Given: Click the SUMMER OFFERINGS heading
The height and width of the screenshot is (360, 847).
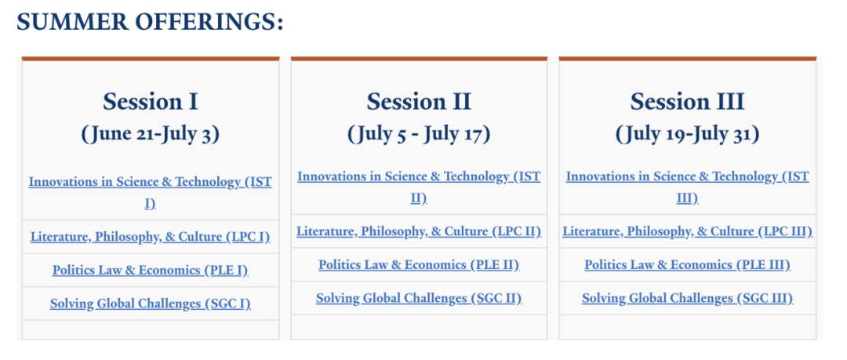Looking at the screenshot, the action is click(150, 22).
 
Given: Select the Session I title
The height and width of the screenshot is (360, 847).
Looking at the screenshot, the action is click(150, 102).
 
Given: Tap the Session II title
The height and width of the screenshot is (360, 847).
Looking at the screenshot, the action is click(419, 102).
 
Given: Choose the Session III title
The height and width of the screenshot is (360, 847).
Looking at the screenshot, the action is click(687, 102).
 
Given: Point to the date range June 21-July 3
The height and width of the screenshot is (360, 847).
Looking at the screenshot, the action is click(150, 134).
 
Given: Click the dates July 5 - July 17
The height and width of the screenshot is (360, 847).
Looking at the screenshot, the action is click(419, 134).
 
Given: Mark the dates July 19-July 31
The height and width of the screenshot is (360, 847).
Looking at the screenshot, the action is click(687, 134).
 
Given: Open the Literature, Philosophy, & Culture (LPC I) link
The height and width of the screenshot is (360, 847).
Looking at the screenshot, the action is click(150, 237).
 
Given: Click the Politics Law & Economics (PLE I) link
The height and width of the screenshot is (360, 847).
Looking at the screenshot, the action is click(150, 271).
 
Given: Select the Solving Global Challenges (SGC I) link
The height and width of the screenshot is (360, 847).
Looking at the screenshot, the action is click(150, 304).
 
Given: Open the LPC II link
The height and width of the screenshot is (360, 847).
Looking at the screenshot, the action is click(419, 231).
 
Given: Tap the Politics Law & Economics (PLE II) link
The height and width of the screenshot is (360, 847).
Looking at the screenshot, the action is click(419, 265).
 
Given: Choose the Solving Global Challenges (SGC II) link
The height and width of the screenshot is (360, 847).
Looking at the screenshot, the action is click(419, 298).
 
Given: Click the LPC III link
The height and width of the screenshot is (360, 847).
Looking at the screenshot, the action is click(687, 231).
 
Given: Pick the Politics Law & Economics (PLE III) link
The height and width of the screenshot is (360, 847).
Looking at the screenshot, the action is click(687, 265).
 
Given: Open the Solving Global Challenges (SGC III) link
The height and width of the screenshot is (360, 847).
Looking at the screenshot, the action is click(687, 298).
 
